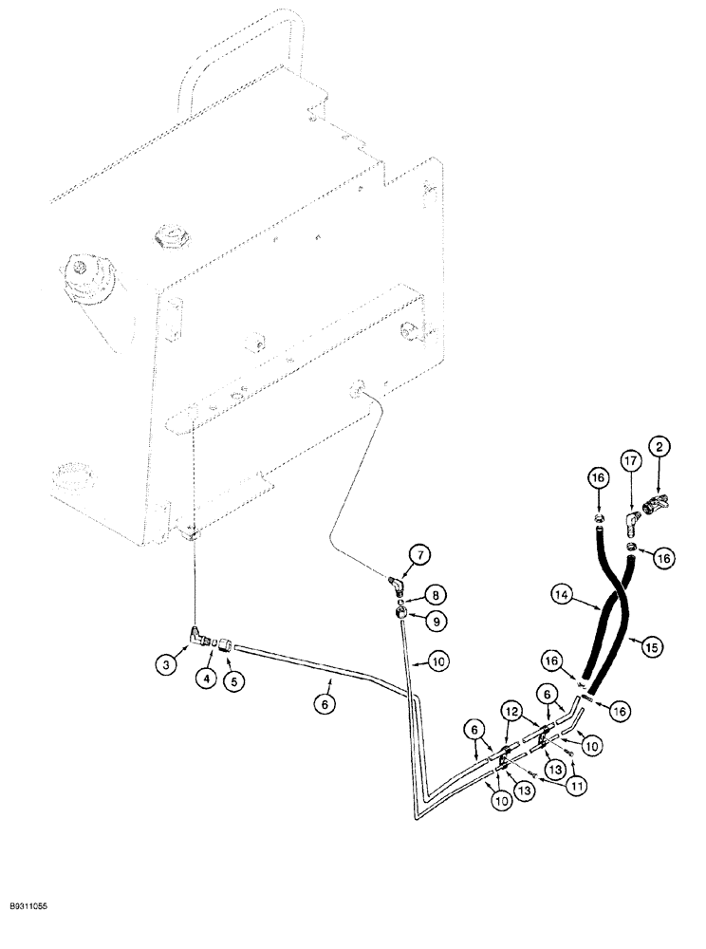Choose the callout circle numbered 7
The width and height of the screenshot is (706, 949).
click(418, 553)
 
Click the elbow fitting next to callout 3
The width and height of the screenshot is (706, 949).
click(197, 636)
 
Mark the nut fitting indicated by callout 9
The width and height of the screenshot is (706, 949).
click(405, 614)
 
